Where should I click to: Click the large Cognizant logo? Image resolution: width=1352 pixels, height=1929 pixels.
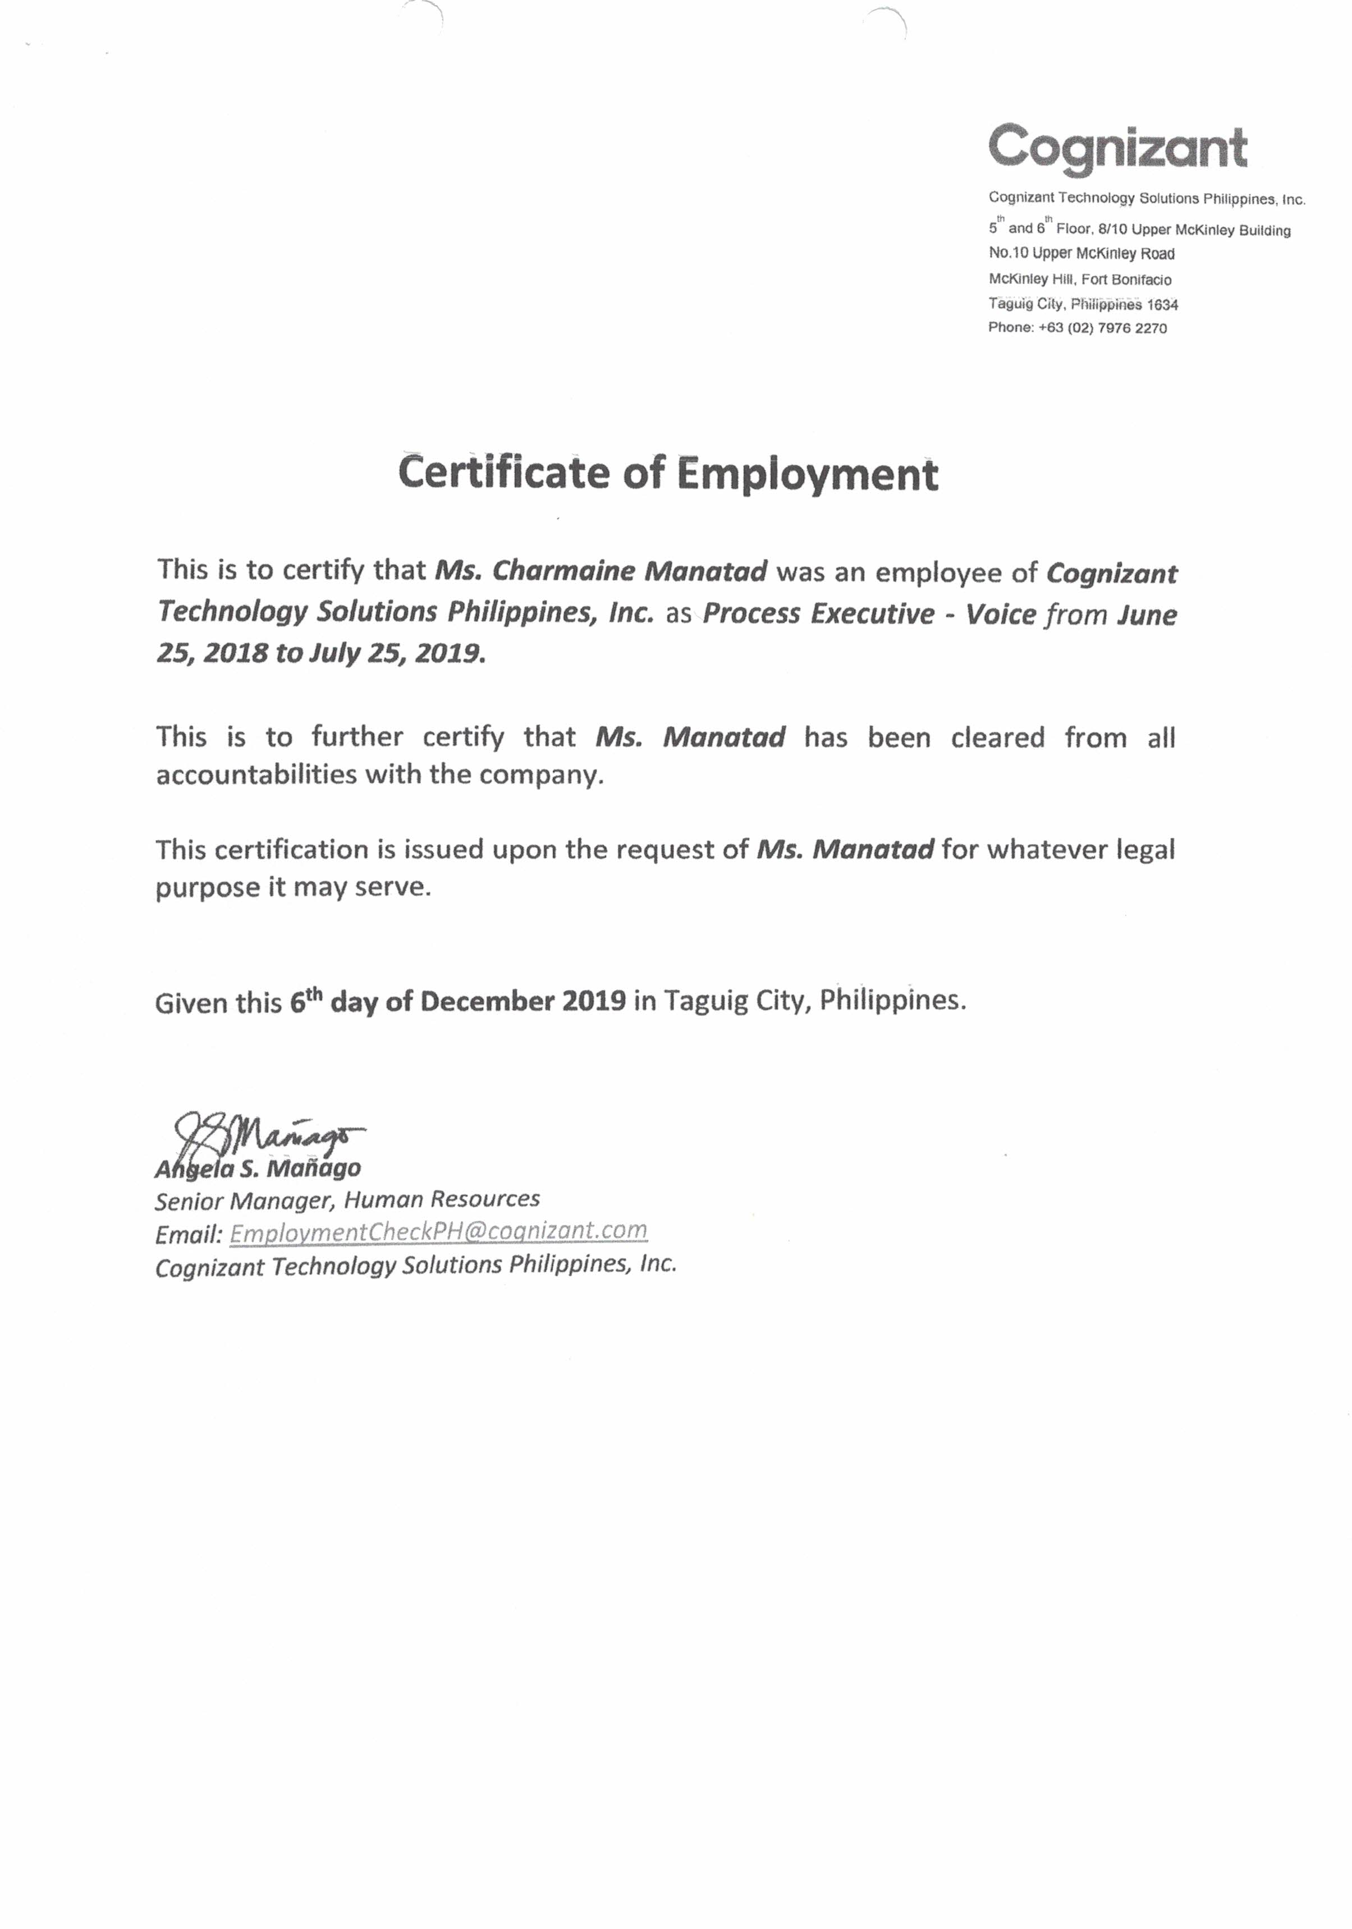pyautogui.click(x=1117, y=148)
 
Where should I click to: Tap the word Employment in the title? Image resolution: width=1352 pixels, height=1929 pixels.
pyautogui.click(x=806, y=475)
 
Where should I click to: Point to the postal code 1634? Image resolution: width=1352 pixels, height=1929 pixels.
pyautogui.click(x=1162, y=304)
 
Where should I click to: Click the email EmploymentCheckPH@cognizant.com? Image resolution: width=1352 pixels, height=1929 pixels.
pyautogui.click(x=438, y=1231)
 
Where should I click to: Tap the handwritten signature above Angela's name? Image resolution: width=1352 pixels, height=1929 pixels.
pyautogui.click(x=269, y=1134)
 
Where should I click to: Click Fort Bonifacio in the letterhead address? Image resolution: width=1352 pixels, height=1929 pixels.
pyautogui.click(x=1126, y=279)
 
